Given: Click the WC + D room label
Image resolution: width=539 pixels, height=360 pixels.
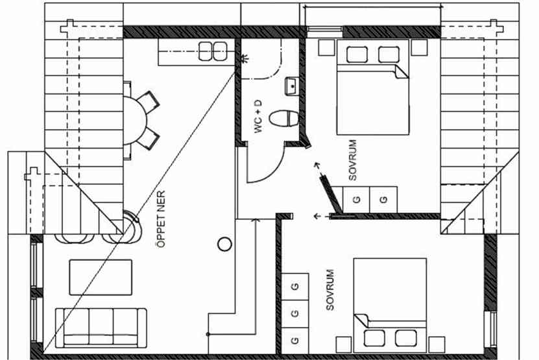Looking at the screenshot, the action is (258, 116).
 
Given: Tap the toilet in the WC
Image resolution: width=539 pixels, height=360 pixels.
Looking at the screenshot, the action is (284, 119).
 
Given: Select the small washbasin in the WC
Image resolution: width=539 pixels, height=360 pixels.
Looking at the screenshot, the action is (291, 86).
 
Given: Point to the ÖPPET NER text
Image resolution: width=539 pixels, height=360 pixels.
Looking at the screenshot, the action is (161, 219).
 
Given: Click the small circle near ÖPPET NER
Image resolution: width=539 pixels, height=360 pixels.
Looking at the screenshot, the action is (224, 244).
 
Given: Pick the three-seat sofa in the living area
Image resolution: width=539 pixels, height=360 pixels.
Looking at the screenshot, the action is (101, 328).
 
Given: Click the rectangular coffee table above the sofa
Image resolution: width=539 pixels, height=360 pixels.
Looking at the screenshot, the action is (101, 277).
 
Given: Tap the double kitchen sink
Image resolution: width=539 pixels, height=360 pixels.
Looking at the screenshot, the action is (213, 51).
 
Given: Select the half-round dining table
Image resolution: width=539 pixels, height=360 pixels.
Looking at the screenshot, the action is (135, 121).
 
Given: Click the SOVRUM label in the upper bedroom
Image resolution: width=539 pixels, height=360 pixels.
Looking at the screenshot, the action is (353, 160).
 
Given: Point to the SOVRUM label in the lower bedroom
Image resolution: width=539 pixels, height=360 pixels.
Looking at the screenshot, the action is (329, 290).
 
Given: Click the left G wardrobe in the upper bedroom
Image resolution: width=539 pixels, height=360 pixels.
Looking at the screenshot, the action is (356, 199).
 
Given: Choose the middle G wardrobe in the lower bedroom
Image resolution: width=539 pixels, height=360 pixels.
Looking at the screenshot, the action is (295, 313).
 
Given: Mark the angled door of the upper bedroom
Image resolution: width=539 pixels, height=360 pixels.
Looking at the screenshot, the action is (331, 194).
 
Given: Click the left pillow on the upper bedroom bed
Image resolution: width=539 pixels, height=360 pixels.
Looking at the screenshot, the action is (357, 54).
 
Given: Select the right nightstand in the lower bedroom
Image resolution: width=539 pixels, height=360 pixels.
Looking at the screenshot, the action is (437, 344).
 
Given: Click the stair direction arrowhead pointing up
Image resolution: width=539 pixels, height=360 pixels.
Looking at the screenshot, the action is (255, 220).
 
